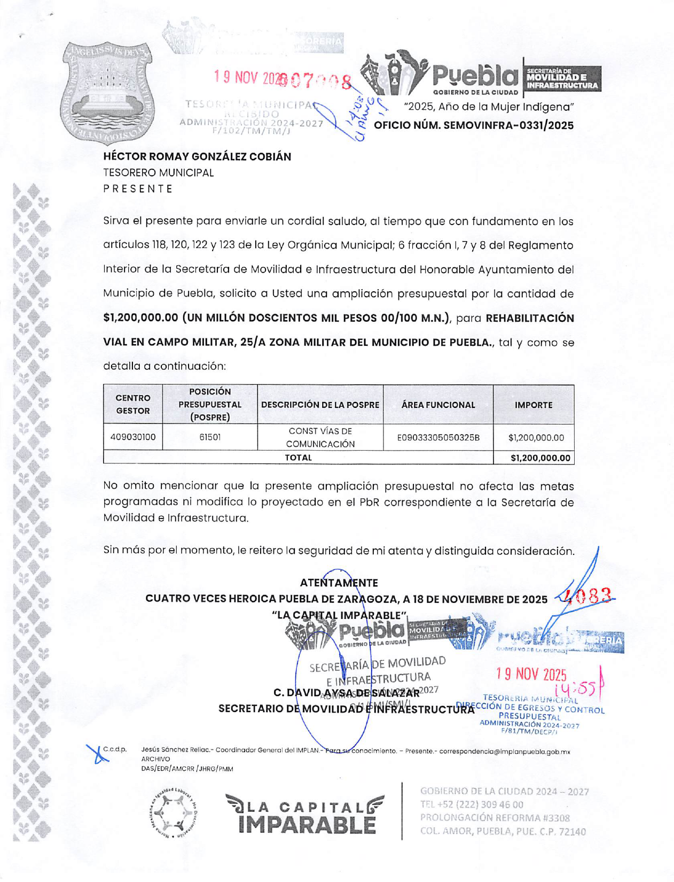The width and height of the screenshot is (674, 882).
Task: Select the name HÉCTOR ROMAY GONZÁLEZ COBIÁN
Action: click(x=197, y=157)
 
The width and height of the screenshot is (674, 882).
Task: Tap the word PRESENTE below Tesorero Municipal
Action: click(x=138, y=189)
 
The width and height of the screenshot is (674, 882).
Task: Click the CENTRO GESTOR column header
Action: click(x=133, y=405)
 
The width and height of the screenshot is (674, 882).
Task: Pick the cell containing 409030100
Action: click(x=133, y=437)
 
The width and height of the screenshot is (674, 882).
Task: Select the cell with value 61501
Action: click(x=210, y=437)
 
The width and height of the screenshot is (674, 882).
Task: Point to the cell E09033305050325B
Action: click(x=438, y=438)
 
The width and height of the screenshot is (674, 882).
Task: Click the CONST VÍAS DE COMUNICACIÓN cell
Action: click(x=320, y=437)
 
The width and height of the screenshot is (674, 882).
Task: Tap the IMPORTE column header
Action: click(x=533, y=405)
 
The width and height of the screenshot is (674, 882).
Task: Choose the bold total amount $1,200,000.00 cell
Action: click(x=540, y=458)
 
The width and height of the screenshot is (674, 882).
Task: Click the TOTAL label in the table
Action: click(x=298, y=458)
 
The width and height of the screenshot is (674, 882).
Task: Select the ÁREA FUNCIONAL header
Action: click(x=438, y=405)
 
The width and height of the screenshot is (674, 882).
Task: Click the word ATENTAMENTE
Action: click(x=339, y=583)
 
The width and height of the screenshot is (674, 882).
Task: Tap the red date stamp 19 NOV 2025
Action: click(x=531, y=675)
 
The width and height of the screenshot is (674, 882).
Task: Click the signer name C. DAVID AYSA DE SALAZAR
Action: click(x=346, y=693)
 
